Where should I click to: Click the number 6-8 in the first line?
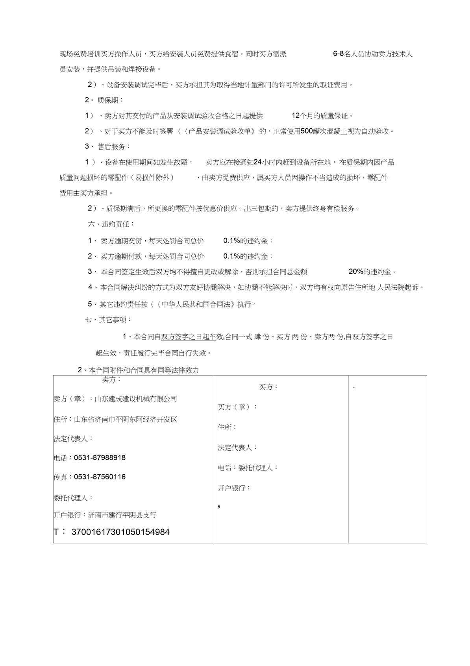(x=338, y=54)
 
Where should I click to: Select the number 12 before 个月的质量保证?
(x=296, y=116)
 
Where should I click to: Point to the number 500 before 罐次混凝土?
(x=306, y=131)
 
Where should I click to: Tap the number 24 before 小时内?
(x=258, y=162)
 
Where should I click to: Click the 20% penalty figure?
(x=356, y=272)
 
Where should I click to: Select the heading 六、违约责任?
(x=111, y=224)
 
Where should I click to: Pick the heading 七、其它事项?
(x=109, y=320)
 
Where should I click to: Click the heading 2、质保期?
(x=104, y=100)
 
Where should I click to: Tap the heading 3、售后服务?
(x=107, y=146)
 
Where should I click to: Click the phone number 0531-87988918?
(x=100, y=458)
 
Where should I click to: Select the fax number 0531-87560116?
(x=100, y=477)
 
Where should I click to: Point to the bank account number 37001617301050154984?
(x=120, y=532)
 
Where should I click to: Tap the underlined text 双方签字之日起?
(x=185, y=337)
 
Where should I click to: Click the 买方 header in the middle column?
(x=268, y=387)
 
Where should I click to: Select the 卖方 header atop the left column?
(x=112, y=379)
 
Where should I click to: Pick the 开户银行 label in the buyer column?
(x=234, y=488)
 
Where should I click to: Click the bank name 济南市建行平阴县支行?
(x=122, y=515)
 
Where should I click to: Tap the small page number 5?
(x=219, y=507)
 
